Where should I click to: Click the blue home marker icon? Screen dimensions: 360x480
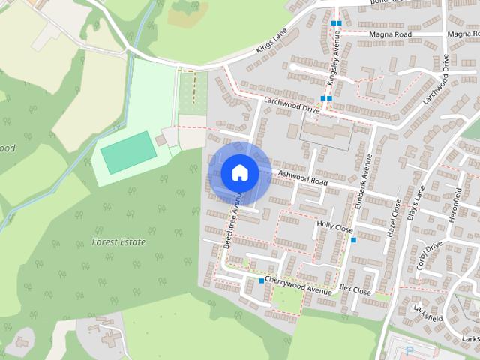click(240, 172)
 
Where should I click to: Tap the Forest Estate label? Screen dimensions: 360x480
click(118, 242)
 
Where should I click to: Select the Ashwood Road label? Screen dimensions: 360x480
click(303, 178)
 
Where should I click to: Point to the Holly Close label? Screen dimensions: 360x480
click(334, 225)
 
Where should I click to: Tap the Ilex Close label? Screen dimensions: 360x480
click(355, 289)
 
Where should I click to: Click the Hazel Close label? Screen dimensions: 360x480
click(394, 218)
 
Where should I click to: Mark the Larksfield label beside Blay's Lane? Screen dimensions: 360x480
click(427, 314)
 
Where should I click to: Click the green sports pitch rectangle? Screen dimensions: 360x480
click(128, 152)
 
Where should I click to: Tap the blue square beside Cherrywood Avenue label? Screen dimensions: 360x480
click(261, 280)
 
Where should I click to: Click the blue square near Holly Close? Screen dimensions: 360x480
click(353, 240)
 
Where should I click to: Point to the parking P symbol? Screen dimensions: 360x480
click(409, 350)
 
